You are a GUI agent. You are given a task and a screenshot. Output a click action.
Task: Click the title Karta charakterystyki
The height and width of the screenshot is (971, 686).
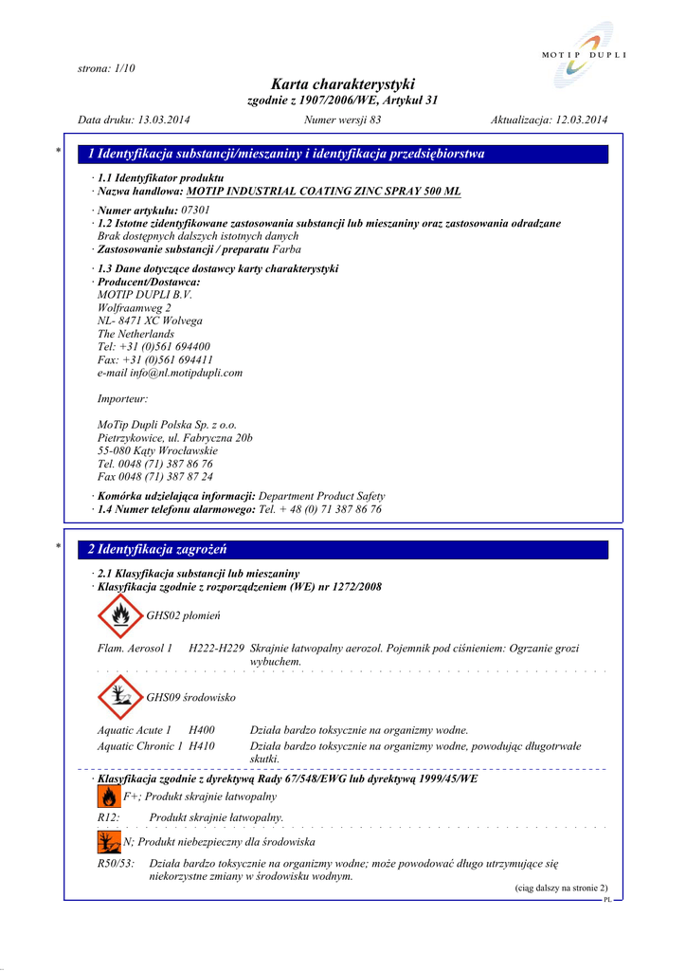tap(342, 84)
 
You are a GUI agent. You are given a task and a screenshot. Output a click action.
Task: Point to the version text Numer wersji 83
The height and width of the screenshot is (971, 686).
tap(342, 119)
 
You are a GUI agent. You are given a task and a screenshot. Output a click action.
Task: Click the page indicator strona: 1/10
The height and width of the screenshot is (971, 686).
tap(106, 68)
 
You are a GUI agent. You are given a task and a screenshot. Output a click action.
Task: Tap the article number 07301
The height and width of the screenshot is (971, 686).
tap(195, 210)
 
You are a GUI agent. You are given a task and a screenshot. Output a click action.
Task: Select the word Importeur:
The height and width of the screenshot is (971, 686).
tap(122, 399)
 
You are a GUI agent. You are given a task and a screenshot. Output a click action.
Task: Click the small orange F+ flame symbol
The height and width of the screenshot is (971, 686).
tap(109, 798)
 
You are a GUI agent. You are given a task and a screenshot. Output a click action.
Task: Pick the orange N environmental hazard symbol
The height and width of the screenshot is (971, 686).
tap(109, 842)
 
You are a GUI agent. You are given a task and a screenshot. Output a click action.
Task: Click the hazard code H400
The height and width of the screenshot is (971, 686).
tap(202, 730)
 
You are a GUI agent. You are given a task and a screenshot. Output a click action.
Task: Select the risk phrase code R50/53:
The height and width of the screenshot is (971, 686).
tap(117, 864)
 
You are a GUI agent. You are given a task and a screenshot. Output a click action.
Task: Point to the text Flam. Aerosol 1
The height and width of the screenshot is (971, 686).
tap(135, 649)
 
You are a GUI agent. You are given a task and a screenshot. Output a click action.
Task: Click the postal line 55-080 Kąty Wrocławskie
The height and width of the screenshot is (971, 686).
tap(157, 451)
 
